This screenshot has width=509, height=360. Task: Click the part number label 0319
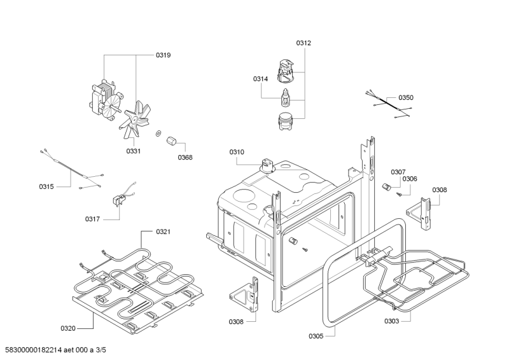[163, 55]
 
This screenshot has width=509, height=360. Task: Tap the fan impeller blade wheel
[135, 119]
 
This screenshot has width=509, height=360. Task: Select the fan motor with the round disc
[106, 100]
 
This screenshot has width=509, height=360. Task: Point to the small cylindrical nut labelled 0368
[171, 141]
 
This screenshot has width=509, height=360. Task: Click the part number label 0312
[303, 43]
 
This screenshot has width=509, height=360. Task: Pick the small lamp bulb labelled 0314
[284, 97]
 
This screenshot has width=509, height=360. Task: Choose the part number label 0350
[406, 98]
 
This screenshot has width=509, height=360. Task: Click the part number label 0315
[46, 186]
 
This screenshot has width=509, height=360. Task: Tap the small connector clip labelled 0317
[119, 200]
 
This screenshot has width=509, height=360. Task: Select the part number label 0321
[163, 232]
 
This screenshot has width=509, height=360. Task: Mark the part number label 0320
[68, 328]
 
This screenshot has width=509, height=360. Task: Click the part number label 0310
[237, 152]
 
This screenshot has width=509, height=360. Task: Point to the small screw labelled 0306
[398, 194]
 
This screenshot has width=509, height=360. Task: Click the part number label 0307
[398, 172]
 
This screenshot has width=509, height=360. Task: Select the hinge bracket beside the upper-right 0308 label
[419, 213]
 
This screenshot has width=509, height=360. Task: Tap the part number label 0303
[391, 321]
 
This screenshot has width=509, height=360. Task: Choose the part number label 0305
[316, 336]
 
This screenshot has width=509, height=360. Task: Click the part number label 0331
[133, 151]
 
